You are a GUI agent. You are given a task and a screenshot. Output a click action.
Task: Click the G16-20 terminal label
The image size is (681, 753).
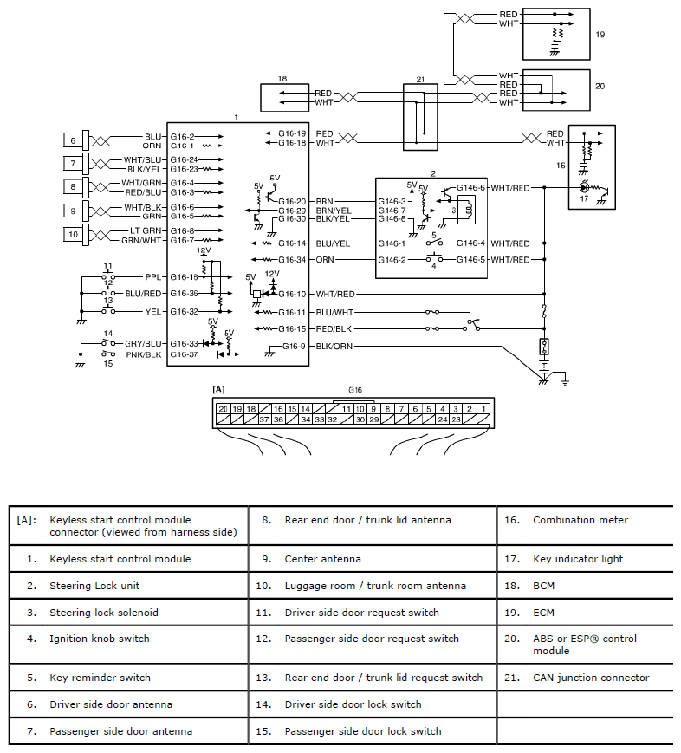(x=292, y=202)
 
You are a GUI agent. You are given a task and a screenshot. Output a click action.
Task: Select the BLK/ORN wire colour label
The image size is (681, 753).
(x=334, y=347)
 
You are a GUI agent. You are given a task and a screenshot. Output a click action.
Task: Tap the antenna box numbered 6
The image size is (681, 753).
(x=73, y=140)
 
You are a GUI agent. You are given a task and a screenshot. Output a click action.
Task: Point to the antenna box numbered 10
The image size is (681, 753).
(x=73, y=234)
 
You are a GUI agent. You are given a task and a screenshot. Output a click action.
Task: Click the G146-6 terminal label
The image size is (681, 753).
(x=471, y=188)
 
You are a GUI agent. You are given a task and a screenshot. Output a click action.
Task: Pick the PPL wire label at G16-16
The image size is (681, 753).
(x=152, y=277)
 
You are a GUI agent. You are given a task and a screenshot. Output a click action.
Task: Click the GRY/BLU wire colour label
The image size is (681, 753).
(x=143, y=344)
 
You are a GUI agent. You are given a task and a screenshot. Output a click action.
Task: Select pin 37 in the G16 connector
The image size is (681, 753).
(x=264, y=419)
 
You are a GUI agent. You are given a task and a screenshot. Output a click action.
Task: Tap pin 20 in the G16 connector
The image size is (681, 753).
(x=224, y=409)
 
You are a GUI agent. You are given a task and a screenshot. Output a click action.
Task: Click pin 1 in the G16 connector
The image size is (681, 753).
(x=483, y=409)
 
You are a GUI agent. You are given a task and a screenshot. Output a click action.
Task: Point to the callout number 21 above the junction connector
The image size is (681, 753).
(x=420, y=80)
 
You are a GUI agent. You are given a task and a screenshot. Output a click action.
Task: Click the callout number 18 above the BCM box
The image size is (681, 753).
(x=282, y=79)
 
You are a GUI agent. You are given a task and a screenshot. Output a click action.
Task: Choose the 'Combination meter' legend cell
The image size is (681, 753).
(x=580, y=520)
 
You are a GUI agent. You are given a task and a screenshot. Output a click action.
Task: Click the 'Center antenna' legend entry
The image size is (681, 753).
(x=322, y=559)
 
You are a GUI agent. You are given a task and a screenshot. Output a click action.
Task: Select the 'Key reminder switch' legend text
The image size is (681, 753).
(x=100, y=678)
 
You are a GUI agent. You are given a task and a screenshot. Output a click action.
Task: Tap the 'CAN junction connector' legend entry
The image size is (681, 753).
(x=591, y=678)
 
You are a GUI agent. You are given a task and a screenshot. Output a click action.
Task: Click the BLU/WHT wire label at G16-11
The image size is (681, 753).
(x=334, y=313)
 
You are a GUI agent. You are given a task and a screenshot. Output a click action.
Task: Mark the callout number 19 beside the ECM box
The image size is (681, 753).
(x=600, y=35)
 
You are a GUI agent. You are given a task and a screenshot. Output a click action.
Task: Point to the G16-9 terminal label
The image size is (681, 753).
(x=294, y=347)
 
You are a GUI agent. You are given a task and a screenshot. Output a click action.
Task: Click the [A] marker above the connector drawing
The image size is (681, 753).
(x=218, y=389)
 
